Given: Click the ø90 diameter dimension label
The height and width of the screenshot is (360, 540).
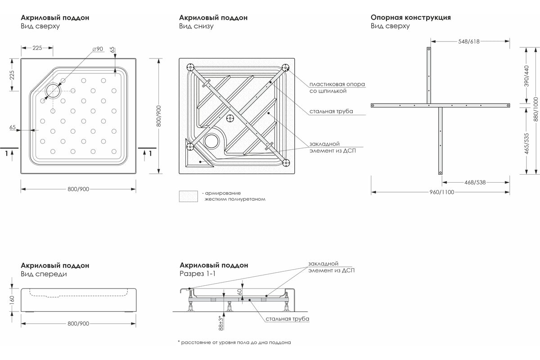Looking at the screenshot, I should pos(97,49).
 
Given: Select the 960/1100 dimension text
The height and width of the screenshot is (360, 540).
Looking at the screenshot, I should pos(441,192).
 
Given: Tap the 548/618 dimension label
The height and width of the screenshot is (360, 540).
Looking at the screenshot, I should pos(468,41).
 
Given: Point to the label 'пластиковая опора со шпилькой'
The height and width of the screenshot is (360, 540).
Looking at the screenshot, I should pos(337,87).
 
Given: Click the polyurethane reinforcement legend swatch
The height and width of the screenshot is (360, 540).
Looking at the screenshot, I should pos(188,196).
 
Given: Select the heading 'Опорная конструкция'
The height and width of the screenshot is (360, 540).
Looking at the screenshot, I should pos(410,18).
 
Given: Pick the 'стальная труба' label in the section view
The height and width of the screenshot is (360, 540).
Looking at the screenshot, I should pos(287,319).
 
